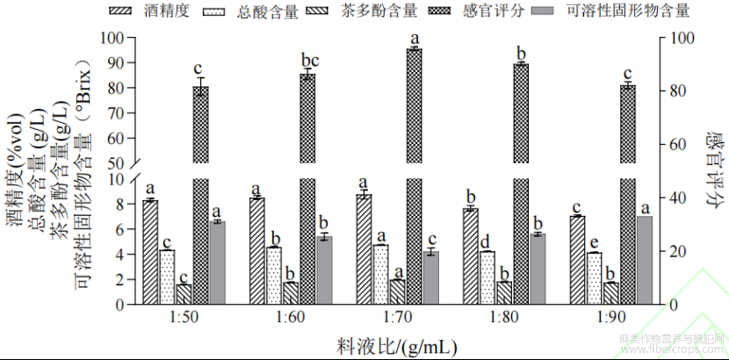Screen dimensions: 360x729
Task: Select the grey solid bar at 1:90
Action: tap(644, 260)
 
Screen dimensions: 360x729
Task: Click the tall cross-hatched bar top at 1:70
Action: tap(414, 50)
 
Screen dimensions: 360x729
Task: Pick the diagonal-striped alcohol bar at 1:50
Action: tap(150, 252)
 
